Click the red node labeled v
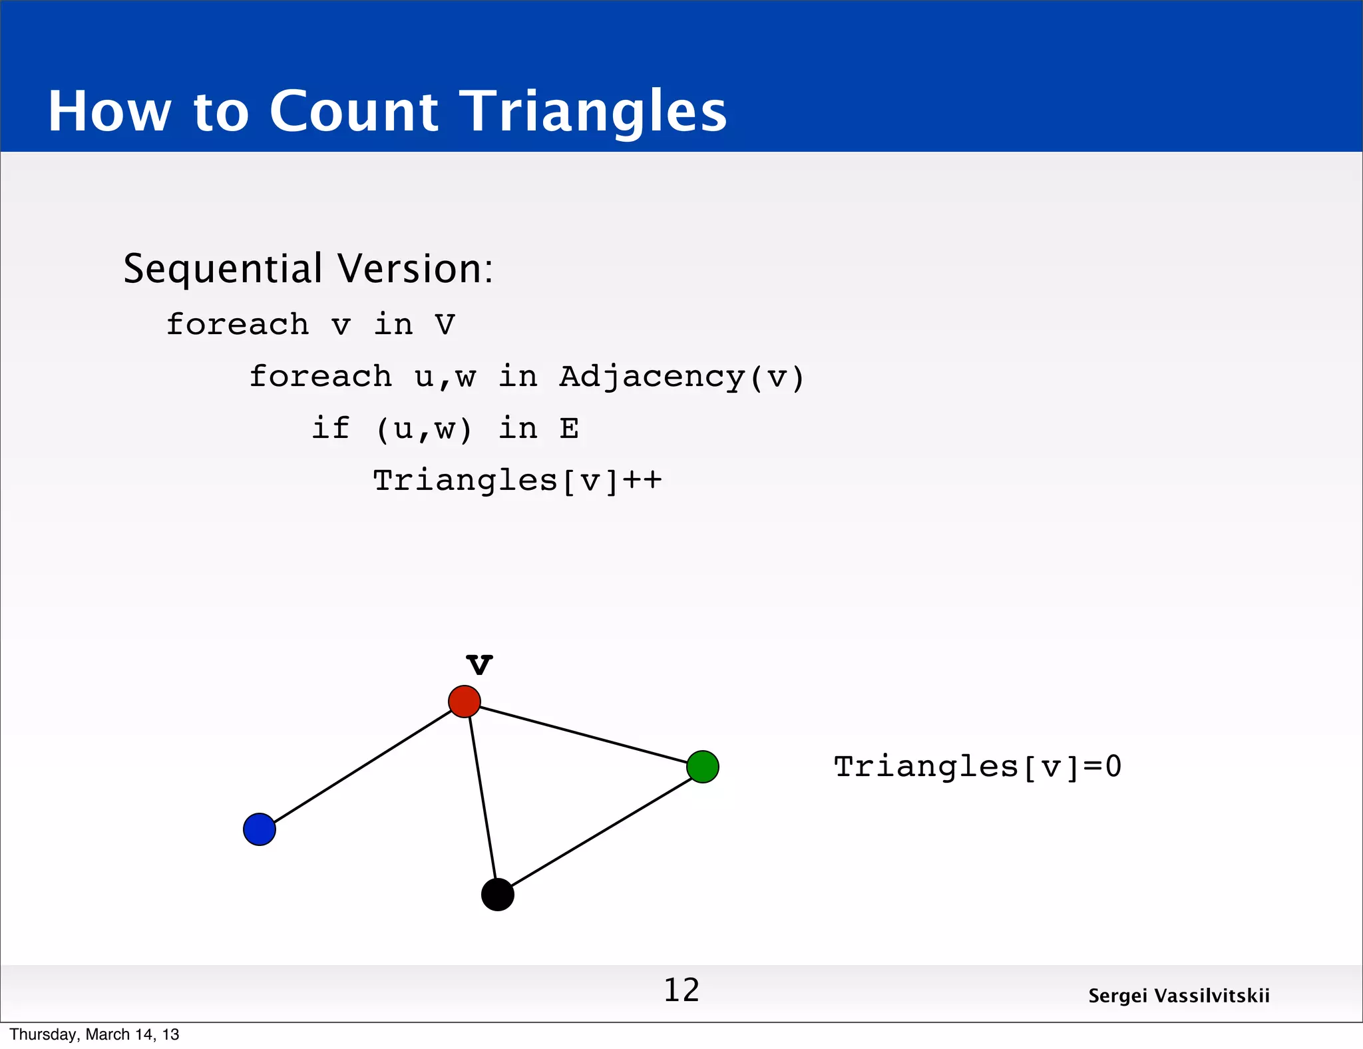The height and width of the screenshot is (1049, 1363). click(465, 702)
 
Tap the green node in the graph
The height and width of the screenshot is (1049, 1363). click(703, 767)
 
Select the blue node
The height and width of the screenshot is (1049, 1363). click(260, 829)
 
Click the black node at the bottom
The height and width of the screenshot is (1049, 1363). click(498, 895)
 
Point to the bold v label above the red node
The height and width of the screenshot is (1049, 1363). click(479, 664)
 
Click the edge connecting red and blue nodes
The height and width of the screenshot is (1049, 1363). click(363, 765)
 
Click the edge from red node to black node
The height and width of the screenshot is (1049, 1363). click(482, 799)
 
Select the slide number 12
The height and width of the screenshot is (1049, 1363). click(681, 990)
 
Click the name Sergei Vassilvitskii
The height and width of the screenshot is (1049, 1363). click(1179, 996)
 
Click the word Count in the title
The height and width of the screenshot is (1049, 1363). click(353, 111)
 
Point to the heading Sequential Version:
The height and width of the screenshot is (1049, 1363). click(308, 269)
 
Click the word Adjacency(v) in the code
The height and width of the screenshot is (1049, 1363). click(681, 377)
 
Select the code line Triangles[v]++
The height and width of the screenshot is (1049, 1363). click(517, 481)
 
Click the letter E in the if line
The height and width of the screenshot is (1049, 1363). click(569, 429)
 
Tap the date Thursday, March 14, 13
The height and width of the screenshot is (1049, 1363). click(95, 1034)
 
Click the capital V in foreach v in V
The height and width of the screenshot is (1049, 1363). click(445, 325)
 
